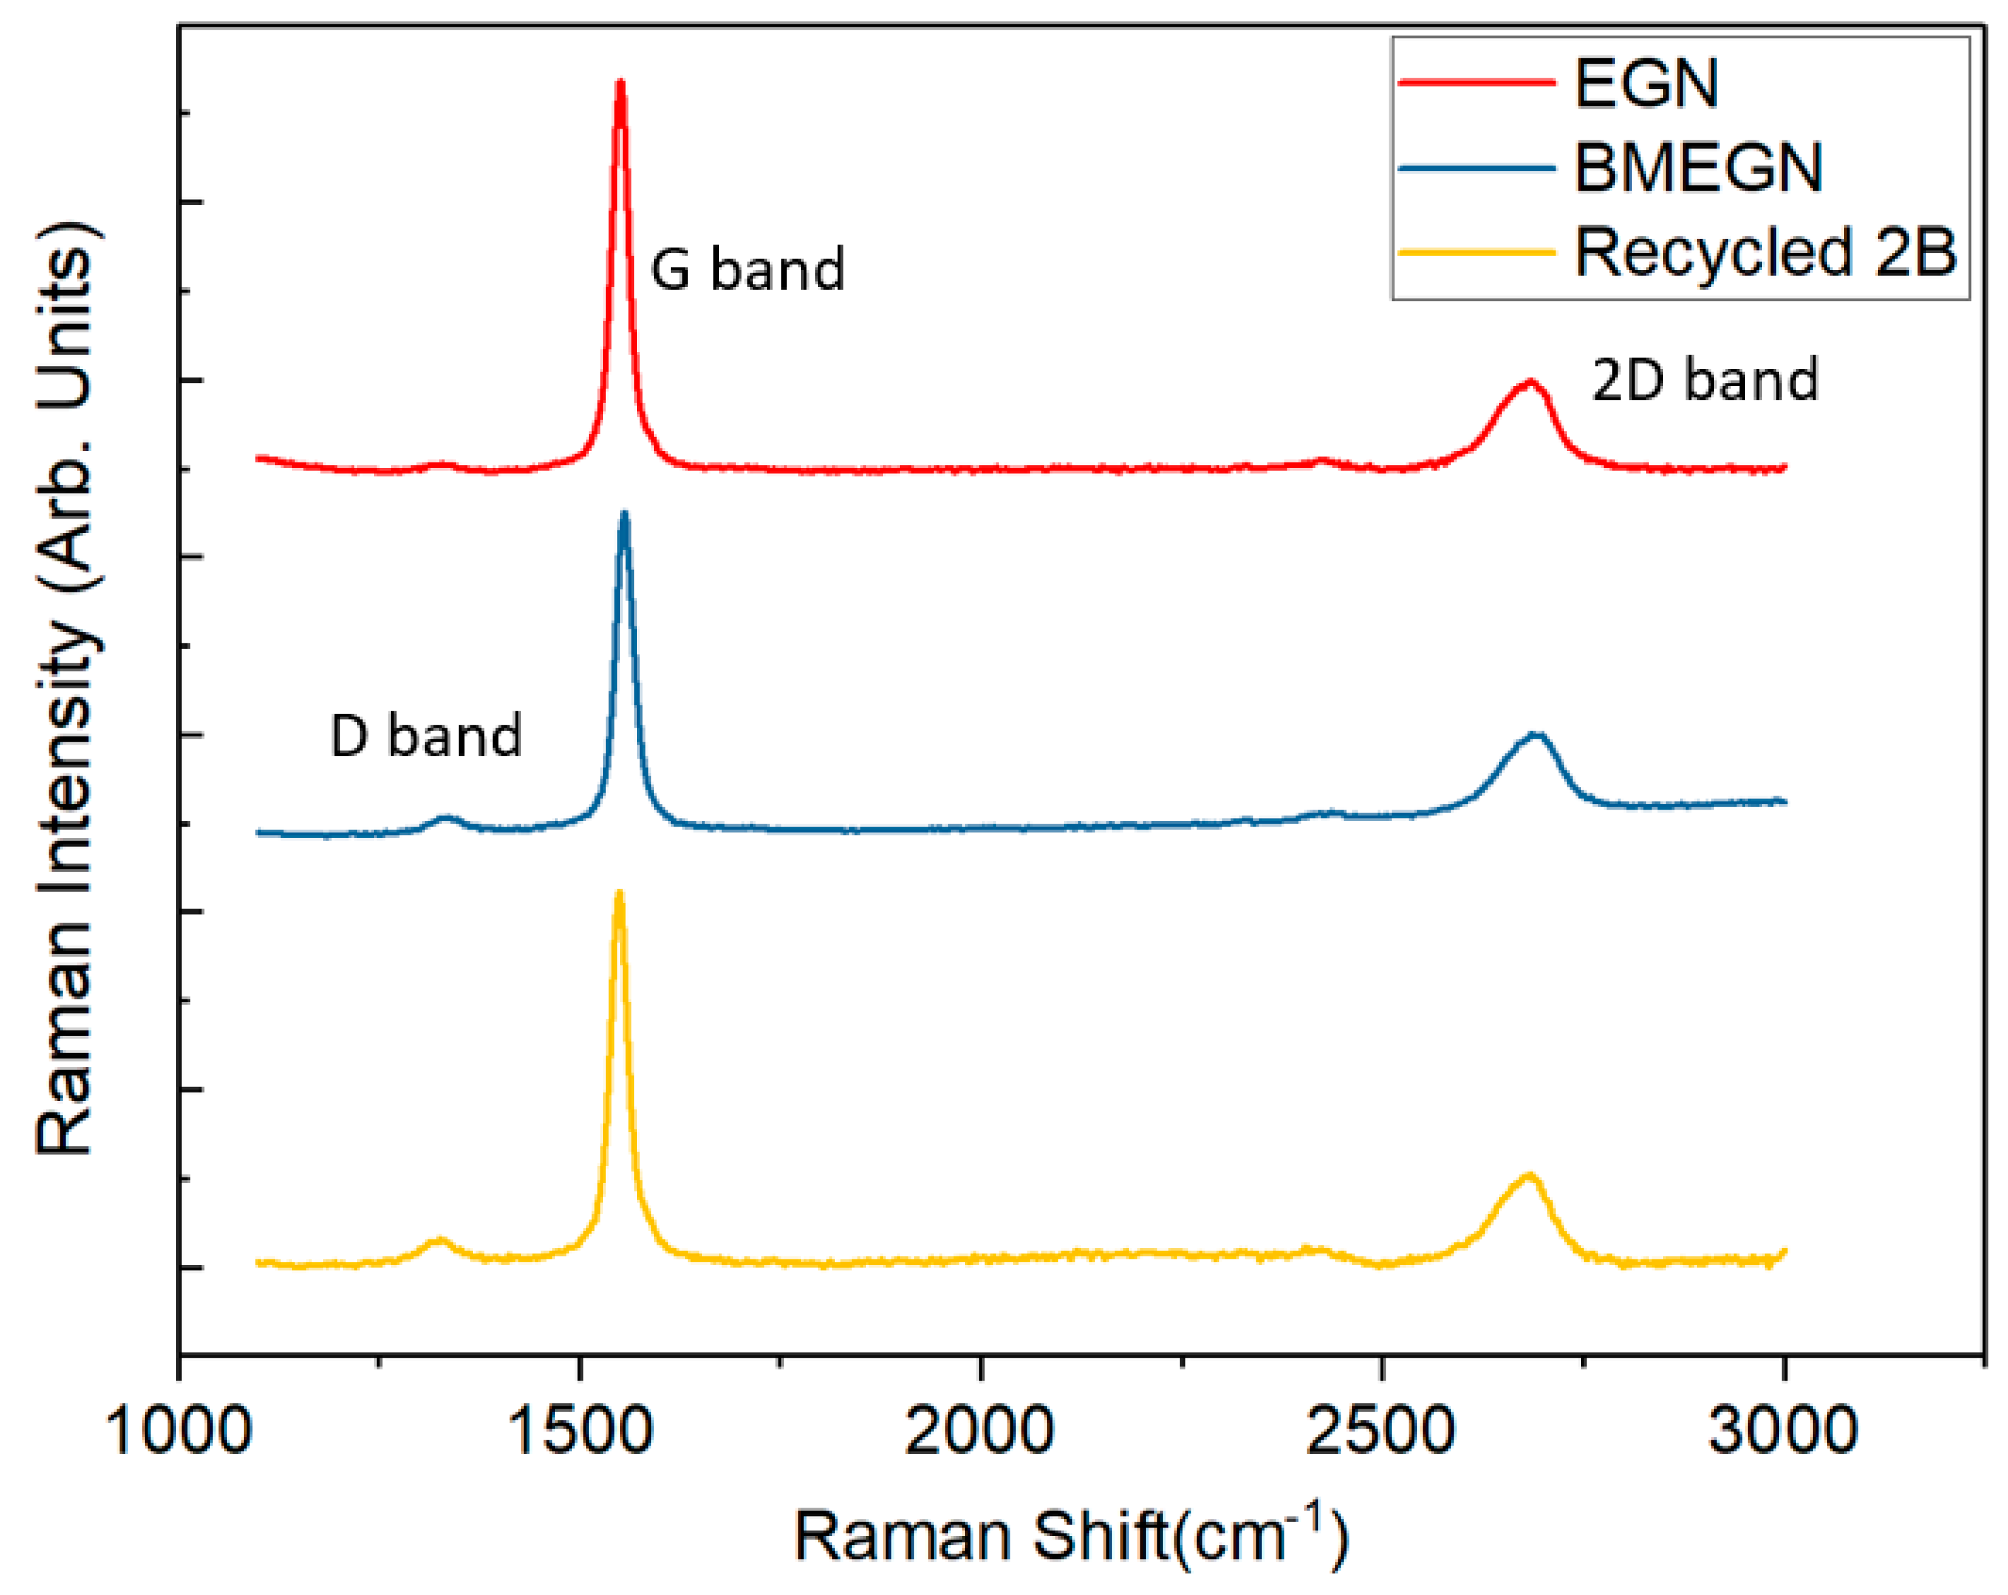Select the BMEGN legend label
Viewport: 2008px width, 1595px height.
point(1697,169)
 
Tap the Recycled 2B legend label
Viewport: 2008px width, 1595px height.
point(1766,252)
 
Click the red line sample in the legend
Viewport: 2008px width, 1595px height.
point(1476,83)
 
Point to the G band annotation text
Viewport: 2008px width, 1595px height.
point(747,270)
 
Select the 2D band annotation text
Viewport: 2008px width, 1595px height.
point(1704,380)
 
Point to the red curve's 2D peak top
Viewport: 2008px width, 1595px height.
point(1528,382)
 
